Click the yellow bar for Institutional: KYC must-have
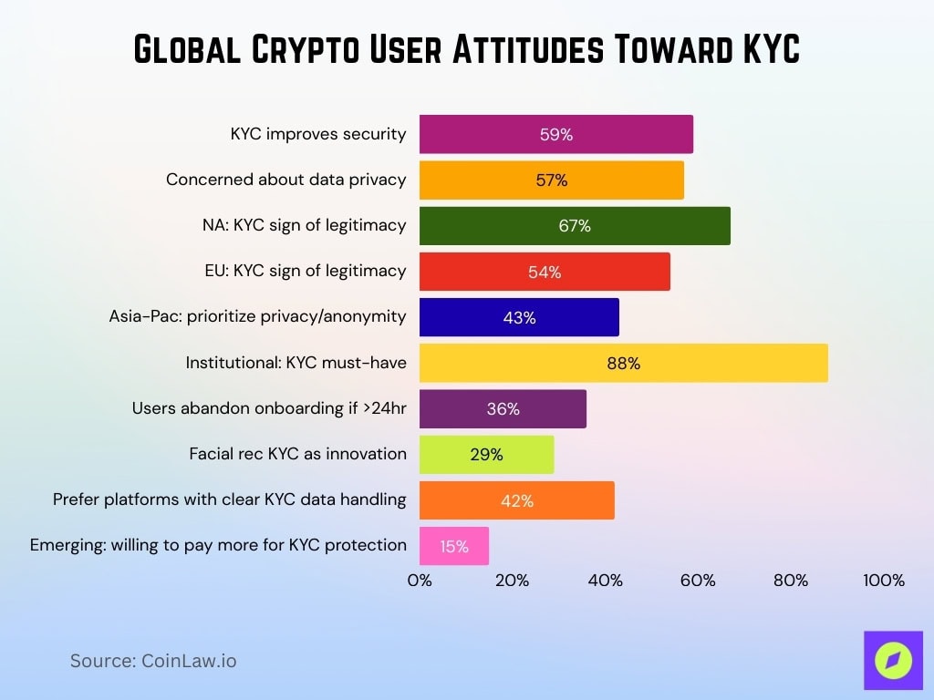tap(623, 363)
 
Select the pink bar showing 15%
tap(453, 546)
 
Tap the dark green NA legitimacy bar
tap(575, 226)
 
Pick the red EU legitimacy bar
tap(545, 272)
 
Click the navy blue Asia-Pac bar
tap(519, 317)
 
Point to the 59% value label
tap(555, 135)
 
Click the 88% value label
tap(624, 364)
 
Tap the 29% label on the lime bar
tap(486, 455)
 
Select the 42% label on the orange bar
tap(516, 500)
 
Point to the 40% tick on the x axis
tap(605, 581)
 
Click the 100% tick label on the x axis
tap(883, 581)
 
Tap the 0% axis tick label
tap(420, 581)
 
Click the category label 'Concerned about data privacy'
tap(285, 180)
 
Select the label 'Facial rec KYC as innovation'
tap(297, 453)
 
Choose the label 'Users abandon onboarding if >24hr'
tap(269, 407)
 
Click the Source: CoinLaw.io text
tap(153, 661)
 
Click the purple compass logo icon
tap(893, 660)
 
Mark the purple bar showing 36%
tap(503, 409)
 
